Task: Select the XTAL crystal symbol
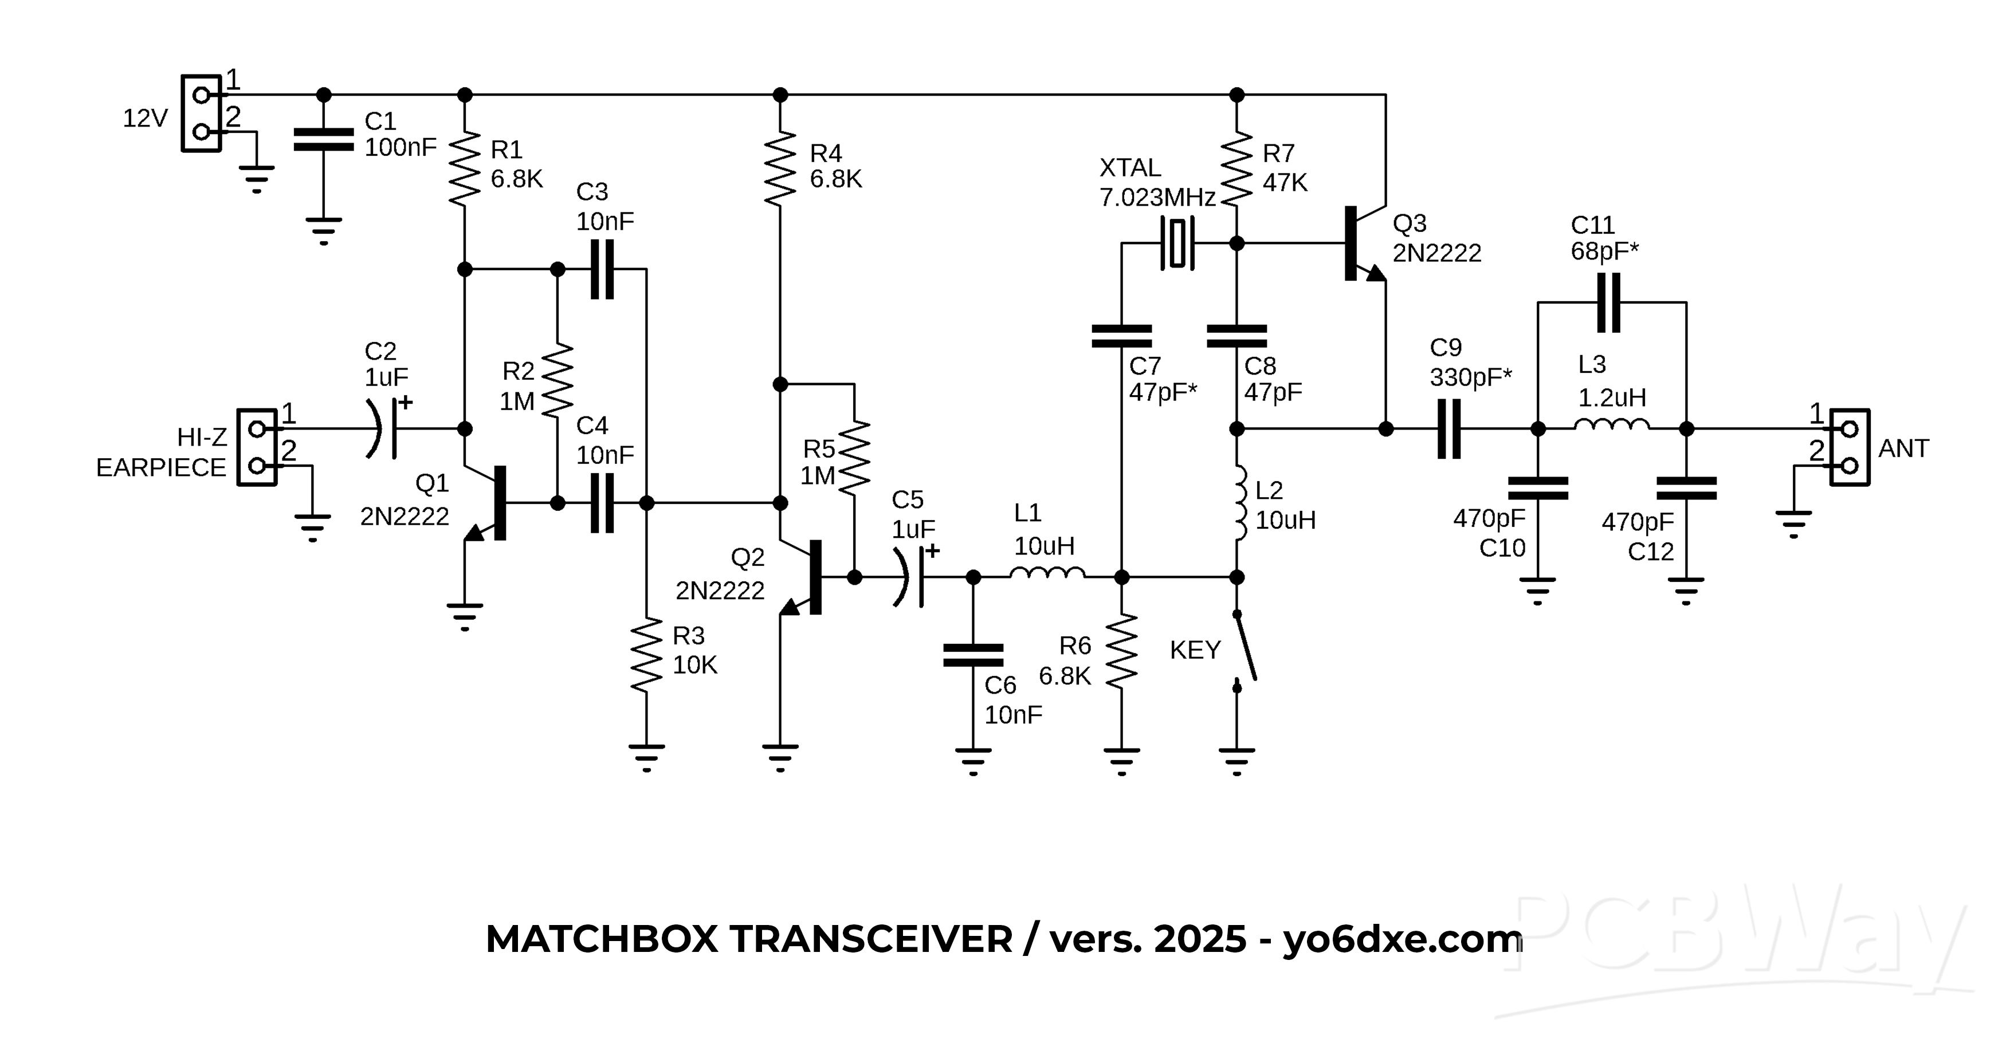click(x=1177, y=243)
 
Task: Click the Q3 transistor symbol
click(x=1361, y=243)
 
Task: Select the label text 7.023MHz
click(x=1157, y=198)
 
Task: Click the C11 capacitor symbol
click(x=1609, y=302)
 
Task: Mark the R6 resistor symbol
click(x=1121, y=651)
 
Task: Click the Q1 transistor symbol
click(x=490, y=503)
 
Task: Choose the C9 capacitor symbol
click(x=1449, y=428)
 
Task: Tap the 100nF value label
click(x=401, y=147)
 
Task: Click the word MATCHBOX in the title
click(x=601, y=939)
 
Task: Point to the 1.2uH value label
click(x=1612, y=398)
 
